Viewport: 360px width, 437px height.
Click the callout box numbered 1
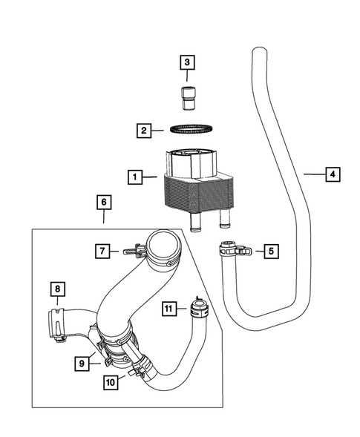[134, 177]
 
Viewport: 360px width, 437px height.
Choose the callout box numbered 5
[271, 252]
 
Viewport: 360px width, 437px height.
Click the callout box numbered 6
[103, 202]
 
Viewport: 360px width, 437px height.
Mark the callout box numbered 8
[57, 288]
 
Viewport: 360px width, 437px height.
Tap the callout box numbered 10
[111, 382]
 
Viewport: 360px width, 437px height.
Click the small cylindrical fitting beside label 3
[187, 96]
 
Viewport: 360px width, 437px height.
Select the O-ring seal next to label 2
[187, 131]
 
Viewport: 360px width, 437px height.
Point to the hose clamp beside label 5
[233, 250]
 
